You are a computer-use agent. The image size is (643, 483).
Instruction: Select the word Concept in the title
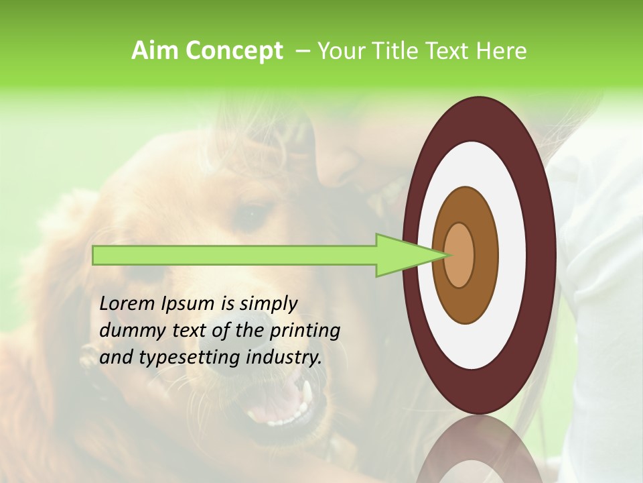[x=234, y=51]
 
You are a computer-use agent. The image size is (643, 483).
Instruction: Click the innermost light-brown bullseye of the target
[x=459, y=255]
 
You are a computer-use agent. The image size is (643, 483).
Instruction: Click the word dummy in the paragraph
[x=128, y=331]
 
